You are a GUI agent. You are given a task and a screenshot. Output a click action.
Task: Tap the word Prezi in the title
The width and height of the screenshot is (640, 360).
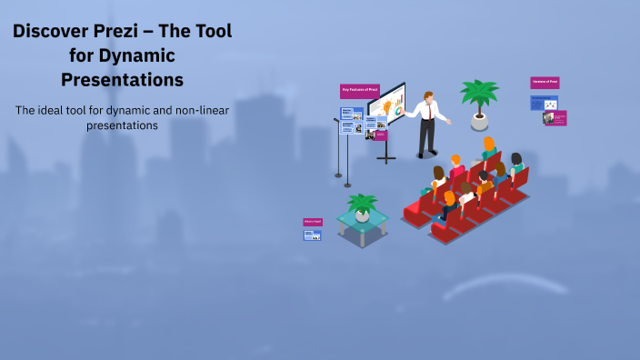pyautogui.click(x=127, y=31)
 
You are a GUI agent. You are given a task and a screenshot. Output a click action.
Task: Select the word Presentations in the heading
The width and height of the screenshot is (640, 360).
pyautogui.click(x=122, y=80)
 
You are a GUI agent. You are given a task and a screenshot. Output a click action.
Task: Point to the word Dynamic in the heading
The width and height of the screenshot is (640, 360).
pyautogui.click(x=135, y=55)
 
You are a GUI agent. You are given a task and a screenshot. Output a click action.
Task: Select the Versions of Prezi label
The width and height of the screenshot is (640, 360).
pyautogui.click(x=545, y=83)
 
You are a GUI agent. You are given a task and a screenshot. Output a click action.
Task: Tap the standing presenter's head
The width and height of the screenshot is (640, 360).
pyautogui.click(x=426, y=95)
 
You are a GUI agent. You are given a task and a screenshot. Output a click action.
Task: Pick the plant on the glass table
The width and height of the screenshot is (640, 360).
pyautogui.click(x=362, y=205)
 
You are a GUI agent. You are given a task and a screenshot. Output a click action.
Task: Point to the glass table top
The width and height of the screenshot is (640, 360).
pyautogui.click(x=363, y=219)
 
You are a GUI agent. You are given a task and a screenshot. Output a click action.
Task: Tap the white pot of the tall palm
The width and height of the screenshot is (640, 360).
pyautogui.click(x=479, y=120)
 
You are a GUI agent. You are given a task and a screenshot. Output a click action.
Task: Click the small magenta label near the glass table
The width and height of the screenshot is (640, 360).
pyautogui.click(x=312, y=221)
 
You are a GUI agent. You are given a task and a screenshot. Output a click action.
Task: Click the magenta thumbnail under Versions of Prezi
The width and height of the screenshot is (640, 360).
pyautogui.click(x=555, y=117)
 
